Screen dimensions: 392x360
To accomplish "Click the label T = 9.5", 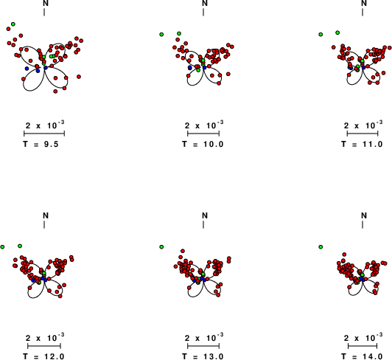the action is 41,144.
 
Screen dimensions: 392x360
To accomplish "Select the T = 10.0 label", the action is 203,144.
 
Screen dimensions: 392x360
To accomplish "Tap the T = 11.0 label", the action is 362,144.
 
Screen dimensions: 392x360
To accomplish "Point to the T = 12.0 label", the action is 43,356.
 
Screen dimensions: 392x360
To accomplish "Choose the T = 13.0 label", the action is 203,356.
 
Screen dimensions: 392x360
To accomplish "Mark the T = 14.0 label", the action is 362,356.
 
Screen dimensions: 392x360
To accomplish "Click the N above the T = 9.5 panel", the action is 46,3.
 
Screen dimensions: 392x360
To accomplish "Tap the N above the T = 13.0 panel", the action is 205,215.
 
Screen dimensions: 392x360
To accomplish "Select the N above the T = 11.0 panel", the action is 364,3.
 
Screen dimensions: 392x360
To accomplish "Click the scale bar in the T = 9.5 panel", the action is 44,134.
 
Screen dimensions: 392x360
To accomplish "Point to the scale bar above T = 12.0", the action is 44,346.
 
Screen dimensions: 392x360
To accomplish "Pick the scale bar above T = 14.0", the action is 363,346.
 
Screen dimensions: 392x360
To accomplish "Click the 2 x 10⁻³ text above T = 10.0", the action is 204,125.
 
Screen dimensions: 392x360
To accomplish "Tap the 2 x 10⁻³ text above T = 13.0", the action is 204,337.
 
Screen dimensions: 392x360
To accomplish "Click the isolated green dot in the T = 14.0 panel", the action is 321,247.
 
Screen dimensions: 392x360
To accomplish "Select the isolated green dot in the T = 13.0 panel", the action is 161,247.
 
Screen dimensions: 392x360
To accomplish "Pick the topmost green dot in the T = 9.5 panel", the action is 13,24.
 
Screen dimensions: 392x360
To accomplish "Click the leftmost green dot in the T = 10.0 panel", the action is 161,34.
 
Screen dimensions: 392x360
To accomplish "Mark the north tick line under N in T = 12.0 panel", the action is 44,224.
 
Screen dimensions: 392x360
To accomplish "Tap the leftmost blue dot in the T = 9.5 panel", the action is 27,69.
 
